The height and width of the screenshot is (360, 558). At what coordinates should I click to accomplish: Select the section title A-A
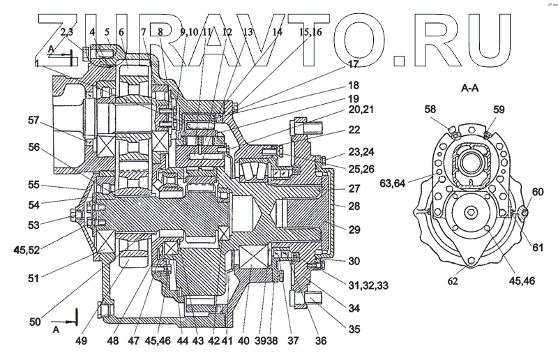coord(474,89)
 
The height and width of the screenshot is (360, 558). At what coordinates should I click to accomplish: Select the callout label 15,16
coord(310,32)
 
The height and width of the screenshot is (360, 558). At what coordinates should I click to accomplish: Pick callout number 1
coord(36,64)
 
